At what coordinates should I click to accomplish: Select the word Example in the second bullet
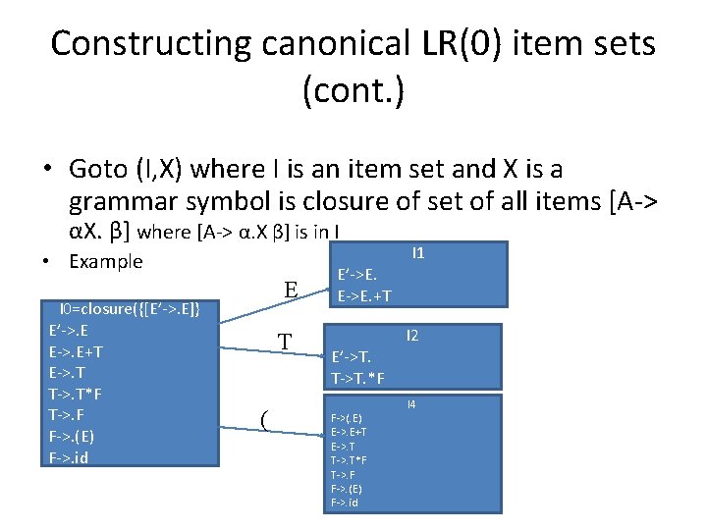106,261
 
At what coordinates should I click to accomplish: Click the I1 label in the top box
418,253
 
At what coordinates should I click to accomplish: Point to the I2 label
412,336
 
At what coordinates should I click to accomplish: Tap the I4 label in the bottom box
411,404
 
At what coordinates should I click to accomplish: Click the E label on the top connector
291,290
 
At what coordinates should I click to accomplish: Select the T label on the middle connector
285,343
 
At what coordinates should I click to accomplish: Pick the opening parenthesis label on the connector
265,420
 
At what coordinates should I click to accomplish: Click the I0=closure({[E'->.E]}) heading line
131,310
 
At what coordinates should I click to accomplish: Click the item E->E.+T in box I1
365,295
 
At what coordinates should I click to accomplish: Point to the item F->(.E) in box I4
347,419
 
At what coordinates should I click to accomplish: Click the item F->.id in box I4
345,503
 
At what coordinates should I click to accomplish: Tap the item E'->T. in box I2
353,358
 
